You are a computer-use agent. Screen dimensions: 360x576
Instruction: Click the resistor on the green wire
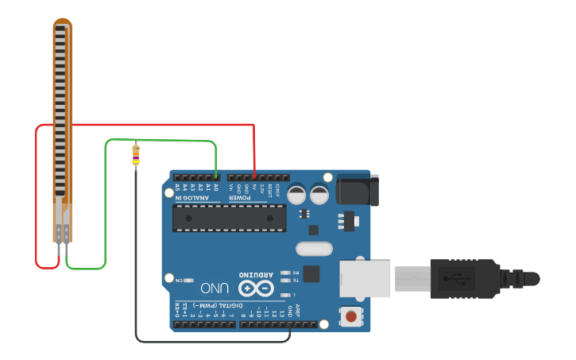tap(135, 154)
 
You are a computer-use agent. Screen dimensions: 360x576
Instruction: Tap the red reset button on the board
tap(350, 317)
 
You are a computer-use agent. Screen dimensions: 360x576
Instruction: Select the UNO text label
tap(215, 288)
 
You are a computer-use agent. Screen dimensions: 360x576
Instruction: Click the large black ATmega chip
tap(230, 218)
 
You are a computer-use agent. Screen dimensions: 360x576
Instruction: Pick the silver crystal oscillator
tap(315, 249)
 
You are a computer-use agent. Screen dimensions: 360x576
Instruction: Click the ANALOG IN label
tap(193, 198)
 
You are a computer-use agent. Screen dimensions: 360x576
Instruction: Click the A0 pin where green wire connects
tap(216, 177)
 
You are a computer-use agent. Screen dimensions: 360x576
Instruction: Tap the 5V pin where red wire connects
tap(254, 177)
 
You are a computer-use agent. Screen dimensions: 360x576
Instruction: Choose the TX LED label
tap(296, 281)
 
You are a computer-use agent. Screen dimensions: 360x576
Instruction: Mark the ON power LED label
tap(179, 280)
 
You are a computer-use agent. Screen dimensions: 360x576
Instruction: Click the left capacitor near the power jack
tap(296, 193)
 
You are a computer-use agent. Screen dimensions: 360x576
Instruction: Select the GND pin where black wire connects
tap(289, 324)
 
